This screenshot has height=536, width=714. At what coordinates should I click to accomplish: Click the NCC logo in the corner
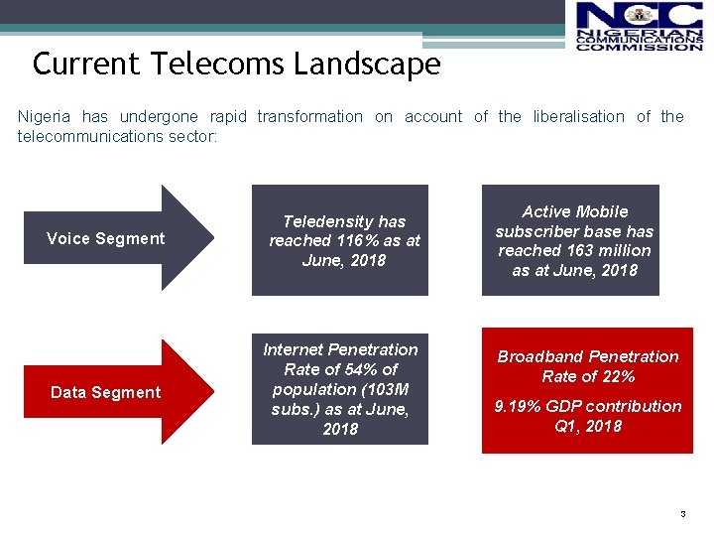pos(639,27)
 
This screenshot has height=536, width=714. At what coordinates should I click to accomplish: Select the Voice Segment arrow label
pos(106,238)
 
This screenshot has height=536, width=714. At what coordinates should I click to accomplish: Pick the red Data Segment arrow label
pos(105,392)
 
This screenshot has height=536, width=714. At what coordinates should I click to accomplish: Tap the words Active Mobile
pos(575,211)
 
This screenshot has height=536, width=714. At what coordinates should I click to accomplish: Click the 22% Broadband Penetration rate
pos(618,376)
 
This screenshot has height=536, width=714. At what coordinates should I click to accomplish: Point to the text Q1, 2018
pos(589,426)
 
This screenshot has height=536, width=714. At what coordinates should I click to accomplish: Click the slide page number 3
pos(682,514)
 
